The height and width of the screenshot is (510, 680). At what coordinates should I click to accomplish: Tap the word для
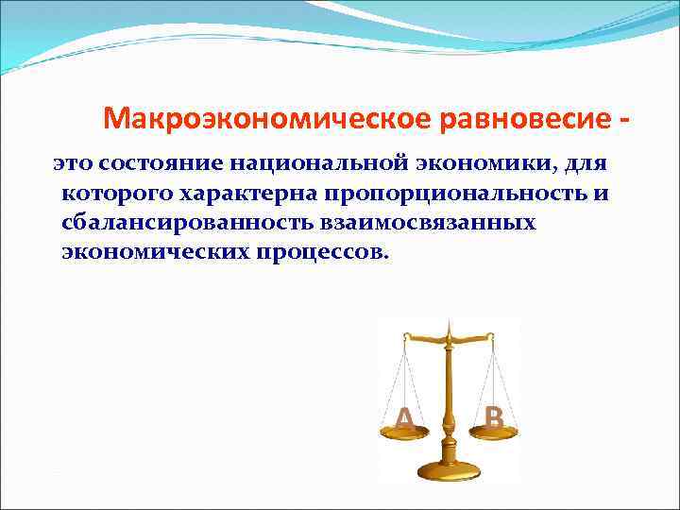(586, 166)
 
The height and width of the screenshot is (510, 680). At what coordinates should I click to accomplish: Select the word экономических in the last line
(158, 254)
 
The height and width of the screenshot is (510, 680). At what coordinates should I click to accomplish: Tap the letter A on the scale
(403, 418)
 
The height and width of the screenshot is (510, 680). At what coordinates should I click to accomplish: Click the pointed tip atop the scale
(450, 322)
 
